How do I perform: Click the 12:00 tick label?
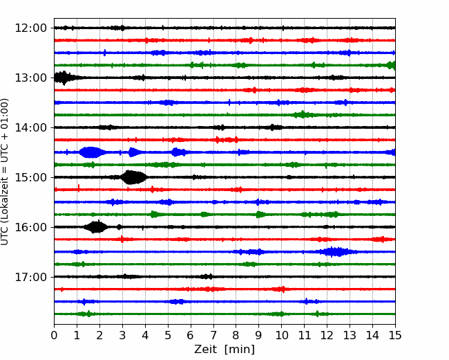point(30,28)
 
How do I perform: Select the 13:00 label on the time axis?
point(30,78)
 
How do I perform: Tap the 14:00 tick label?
point(30,127)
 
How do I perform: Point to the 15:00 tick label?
point(30,177)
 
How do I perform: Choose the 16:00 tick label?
point(30,227)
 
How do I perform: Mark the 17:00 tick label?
point(30,277)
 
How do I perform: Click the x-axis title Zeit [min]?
point(224,350)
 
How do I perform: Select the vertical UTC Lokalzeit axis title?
point(5,172)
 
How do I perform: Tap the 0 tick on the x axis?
point(54,335)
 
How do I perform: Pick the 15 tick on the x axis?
point(395,335)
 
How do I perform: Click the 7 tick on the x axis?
point(213,335)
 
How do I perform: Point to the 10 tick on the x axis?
point(281,335)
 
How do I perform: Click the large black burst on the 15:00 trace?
point(133,177)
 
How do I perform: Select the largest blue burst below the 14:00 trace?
point(91,152)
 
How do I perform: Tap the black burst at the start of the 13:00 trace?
point(65,78)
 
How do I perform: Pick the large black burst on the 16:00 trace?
point(97,227)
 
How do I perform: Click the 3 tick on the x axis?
point(122,335)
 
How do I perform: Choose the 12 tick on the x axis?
point(327,335)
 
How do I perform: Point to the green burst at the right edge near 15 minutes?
point(391,66)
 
